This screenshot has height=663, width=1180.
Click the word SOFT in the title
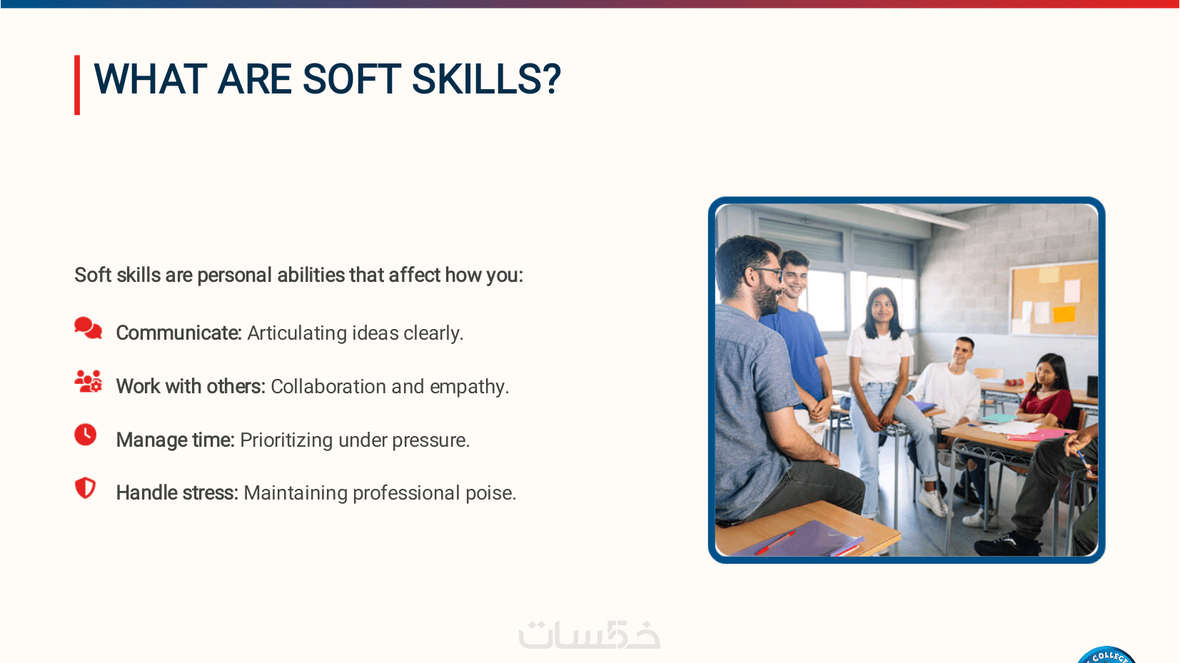[351, 79]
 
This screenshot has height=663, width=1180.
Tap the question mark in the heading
[550, 79]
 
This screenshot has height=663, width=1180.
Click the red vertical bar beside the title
[77, 85]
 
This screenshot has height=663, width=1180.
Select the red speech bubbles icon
[88, 328]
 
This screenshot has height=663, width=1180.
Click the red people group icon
[88, 381]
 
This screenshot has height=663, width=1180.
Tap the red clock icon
[86, 435]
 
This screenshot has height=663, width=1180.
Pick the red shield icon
[85, 488]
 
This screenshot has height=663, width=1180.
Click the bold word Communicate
[178, 333]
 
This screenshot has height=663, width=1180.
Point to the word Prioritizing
[286, 440]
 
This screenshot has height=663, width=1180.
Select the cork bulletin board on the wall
[1054, 298]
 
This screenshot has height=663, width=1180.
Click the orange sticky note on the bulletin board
[1064, 315]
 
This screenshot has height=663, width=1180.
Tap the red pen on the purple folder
[775, 542]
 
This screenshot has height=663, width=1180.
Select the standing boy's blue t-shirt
[797, 350]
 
